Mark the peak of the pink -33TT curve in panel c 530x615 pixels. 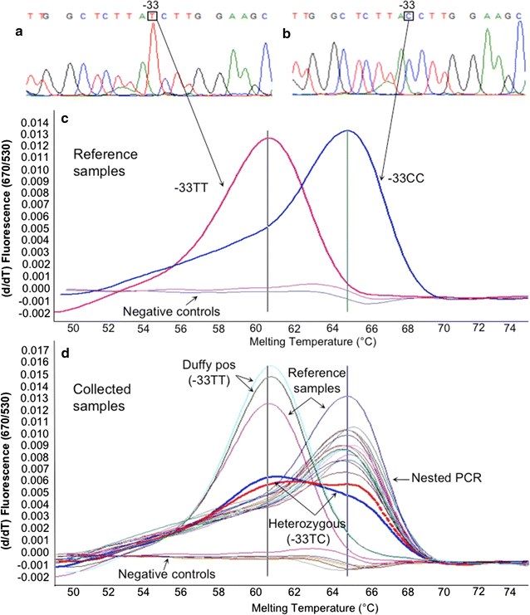tap(267, 138)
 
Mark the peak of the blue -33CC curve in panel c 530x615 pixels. tap(347, 130)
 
